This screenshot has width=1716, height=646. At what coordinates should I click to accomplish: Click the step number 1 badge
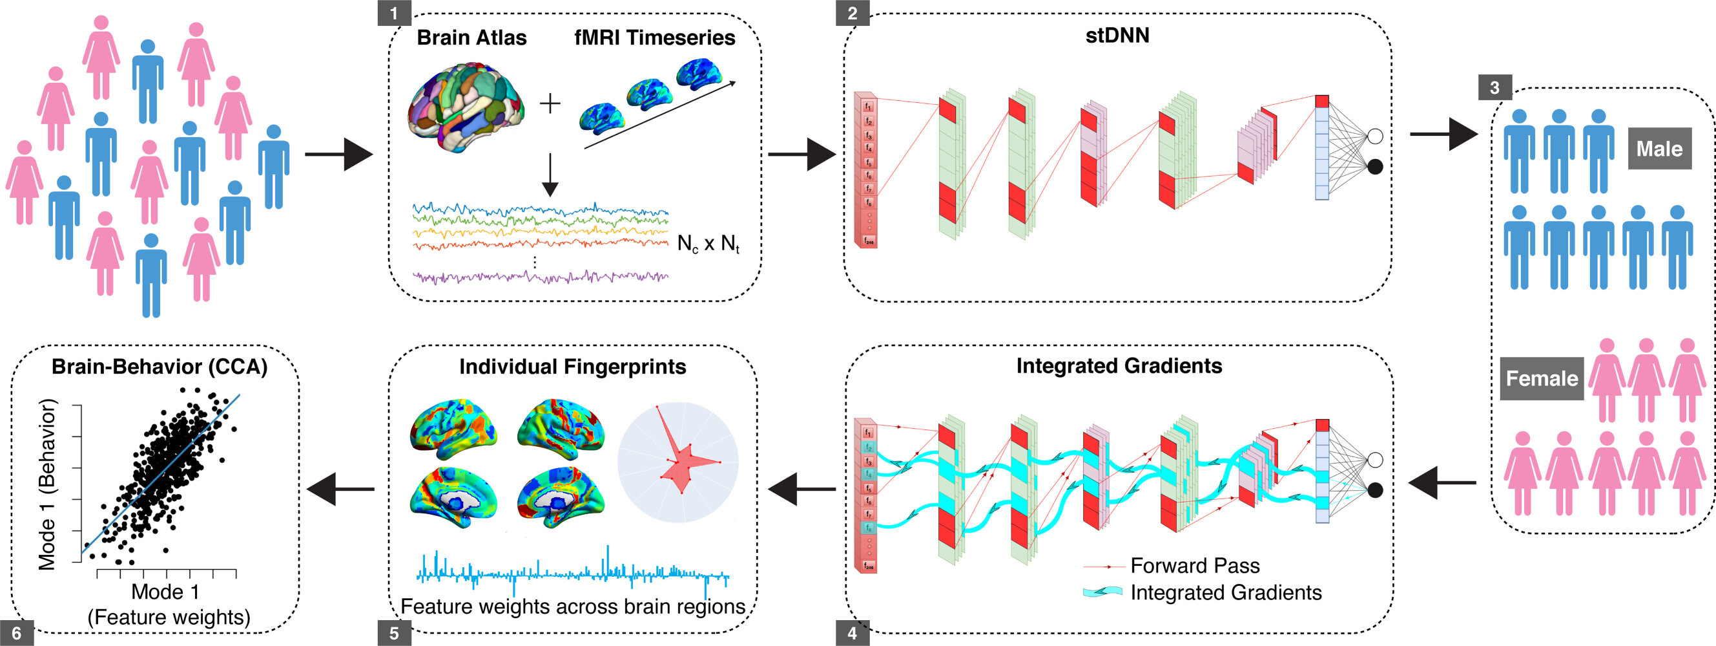(394, 13)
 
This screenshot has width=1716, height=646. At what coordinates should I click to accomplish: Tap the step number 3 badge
(1494, 87)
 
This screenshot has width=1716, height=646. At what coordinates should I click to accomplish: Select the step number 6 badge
(17, 632)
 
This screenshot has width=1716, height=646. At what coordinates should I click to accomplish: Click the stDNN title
(1117, 36)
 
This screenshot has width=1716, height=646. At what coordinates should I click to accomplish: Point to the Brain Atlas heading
(471, 38)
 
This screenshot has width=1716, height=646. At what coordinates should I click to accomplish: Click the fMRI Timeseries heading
(654, 38)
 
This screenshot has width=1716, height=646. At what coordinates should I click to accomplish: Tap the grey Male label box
(1659, 148)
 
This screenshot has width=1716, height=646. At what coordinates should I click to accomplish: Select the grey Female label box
(1542, 379)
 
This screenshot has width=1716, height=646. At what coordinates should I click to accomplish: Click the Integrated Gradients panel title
(1119, 366)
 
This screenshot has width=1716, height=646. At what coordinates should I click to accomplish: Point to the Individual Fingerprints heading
(572, 367)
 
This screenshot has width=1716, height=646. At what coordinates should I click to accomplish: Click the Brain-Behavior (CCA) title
(160, 367)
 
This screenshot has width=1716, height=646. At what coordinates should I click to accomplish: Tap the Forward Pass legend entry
(1194, 566)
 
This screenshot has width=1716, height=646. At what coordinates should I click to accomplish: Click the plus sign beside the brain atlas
(550, 104)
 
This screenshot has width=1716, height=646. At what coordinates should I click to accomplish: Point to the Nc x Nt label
(708, 244)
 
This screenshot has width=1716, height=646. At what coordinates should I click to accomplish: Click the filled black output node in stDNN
(1374, 167)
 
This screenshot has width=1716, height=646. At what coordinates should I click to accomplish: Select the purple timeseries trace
(539, 277)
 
